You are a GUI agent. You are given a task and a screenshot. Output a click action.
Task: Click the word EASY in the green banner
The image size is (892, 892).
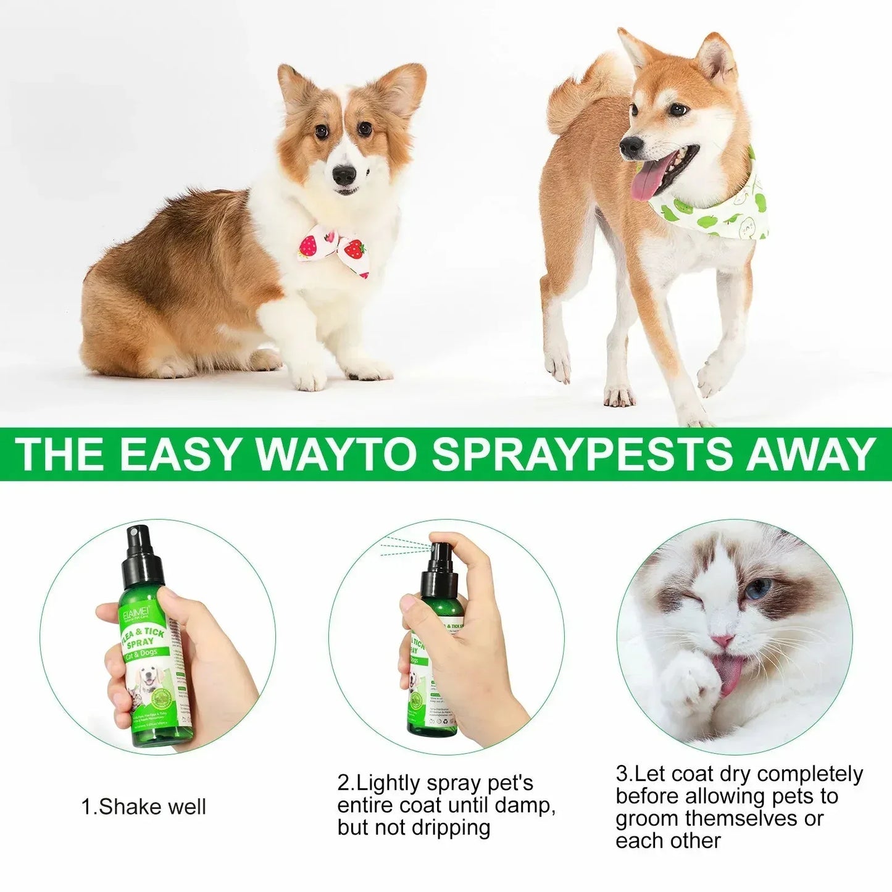178,455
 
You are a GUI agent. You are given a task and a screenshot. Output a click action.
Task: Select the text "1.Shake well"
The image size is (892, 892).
144,807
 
